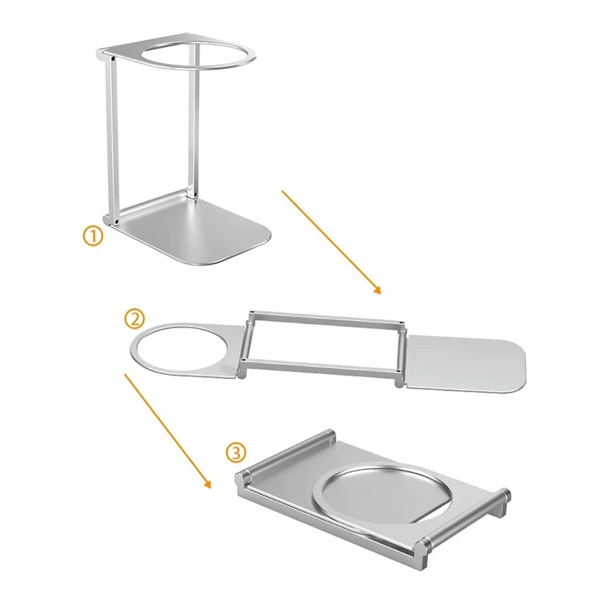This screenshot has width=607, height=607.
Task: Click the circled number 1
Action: tap(92, 236)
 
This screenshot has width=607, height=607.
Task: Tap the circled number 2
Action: tap(134, 319)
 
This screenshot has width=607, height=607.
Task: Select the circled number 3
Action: tap(237, 453)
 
